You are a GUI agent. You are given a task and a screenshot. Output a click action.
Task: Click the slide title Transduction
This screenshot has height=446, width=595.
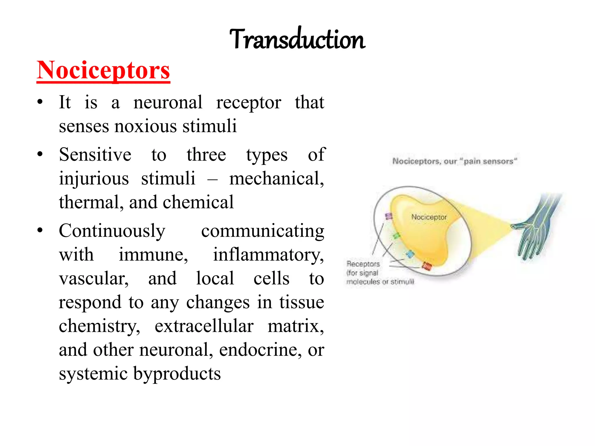coord(297,39)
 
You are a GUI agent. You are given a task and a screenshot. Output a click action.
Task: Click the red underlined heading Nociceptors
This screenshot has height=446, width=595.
coord(103,70)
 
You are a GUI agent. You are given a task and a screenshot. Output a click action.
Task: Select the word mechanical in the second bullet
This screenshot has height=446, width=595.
coord(276,178)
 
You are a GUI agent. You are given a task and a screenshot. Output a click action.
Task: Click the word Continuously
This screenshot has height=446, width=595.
coord(112,231)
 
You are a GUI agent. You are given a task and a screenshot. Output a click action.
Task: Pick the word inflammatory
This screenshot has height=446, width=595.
coord(268,255)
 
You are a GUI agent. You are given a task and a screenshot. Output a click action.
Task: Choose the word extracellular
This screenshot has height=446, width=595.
coord(204,326)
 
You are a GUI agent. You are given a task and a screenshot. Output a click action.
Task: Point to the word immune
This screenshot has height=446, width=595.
coord(153,255)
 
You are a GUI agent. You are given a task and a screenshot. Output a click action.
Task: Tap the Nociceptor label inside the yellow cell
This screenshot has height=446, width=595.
coord(429,217)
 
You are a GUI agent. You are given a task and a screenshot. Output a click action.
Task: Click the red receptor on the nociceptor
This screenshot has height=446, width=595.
coord(427,266)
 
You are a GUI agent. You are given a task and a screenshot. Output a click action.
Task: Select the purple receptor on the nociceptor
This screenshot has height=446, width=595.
coord(389,216)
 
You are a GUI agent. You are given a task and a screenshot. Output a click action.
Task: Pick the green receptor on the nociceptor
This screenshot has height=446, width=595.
coord(396,235)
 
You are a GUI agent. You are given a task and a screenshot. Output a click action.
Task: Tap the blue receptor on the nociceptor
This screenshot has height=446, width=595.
coord(410,254)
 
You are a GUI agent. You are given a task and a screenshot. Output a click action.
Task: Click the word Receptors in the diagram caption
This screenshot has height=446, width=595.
coord(363,264)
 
